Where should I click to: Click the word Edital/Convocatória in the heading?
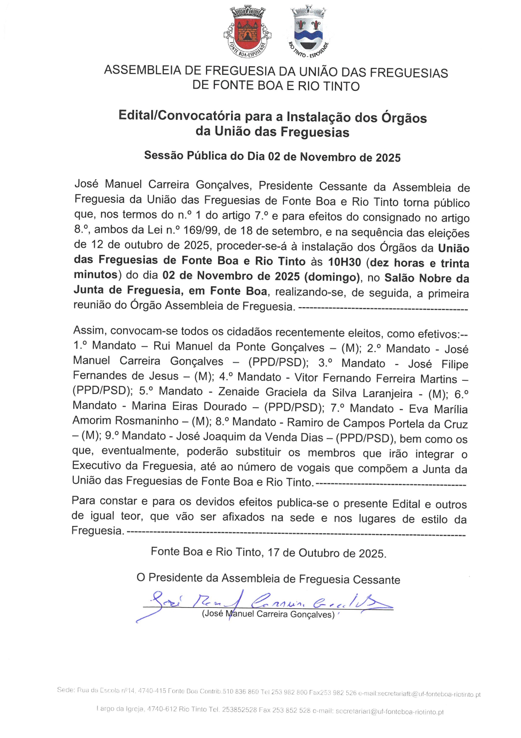point(179,115)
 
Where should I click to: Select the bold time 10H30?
point(344,262)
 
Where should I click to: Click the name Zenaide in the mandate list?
point(239,392)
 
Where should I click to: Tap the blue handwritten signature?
point(265,602)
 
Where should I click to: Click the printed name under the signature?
point(268,614)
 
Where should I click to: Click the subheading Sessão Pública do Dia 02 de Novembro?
point(272,157)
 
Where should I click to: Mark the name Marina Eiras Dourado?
point(189,406)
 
